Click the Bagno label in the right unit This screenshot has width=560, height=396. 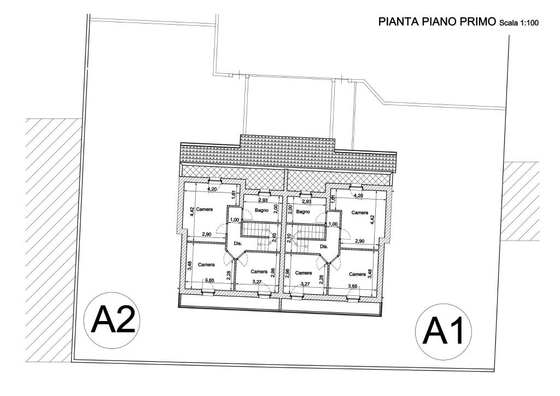304,211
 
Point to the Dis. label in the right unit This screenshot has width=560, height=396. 323,246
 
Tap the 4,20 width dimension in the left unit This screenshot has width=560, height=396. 212,189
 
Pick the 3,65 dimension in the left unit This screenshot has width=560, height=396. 209,281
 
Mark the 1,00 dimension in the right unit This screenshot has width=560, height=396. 333,224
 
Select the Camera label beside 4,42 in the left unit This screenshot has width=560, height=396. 203,209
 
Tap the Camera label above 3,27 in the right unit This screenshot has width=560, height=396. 303,272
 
